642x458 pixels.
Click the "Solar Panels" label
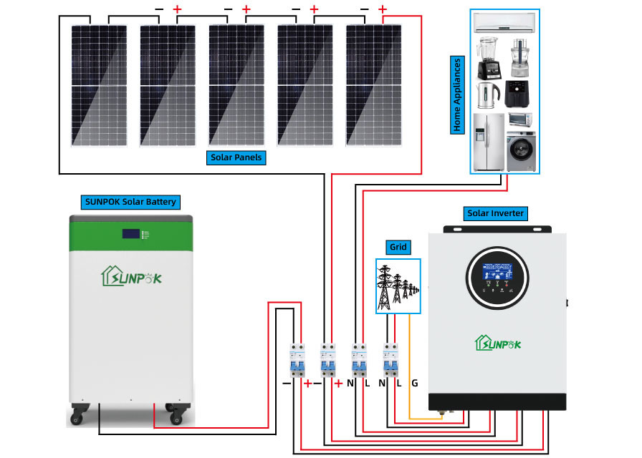(236, 157)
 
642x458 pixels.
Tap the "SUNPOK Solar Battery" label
(130, 202)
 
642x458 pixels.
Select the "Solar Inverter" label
(495, 213)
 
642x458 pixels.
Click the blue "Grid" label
(398, 248)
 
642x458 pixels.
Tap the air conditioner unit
(506, 23)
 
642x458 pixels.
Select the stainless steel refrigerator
(489, 142)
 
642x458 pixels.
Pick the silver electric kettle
(487, 92)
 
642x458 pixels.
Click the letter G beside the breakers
(414, 384)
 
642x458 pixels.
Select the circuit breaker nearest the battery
(295, 361)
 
